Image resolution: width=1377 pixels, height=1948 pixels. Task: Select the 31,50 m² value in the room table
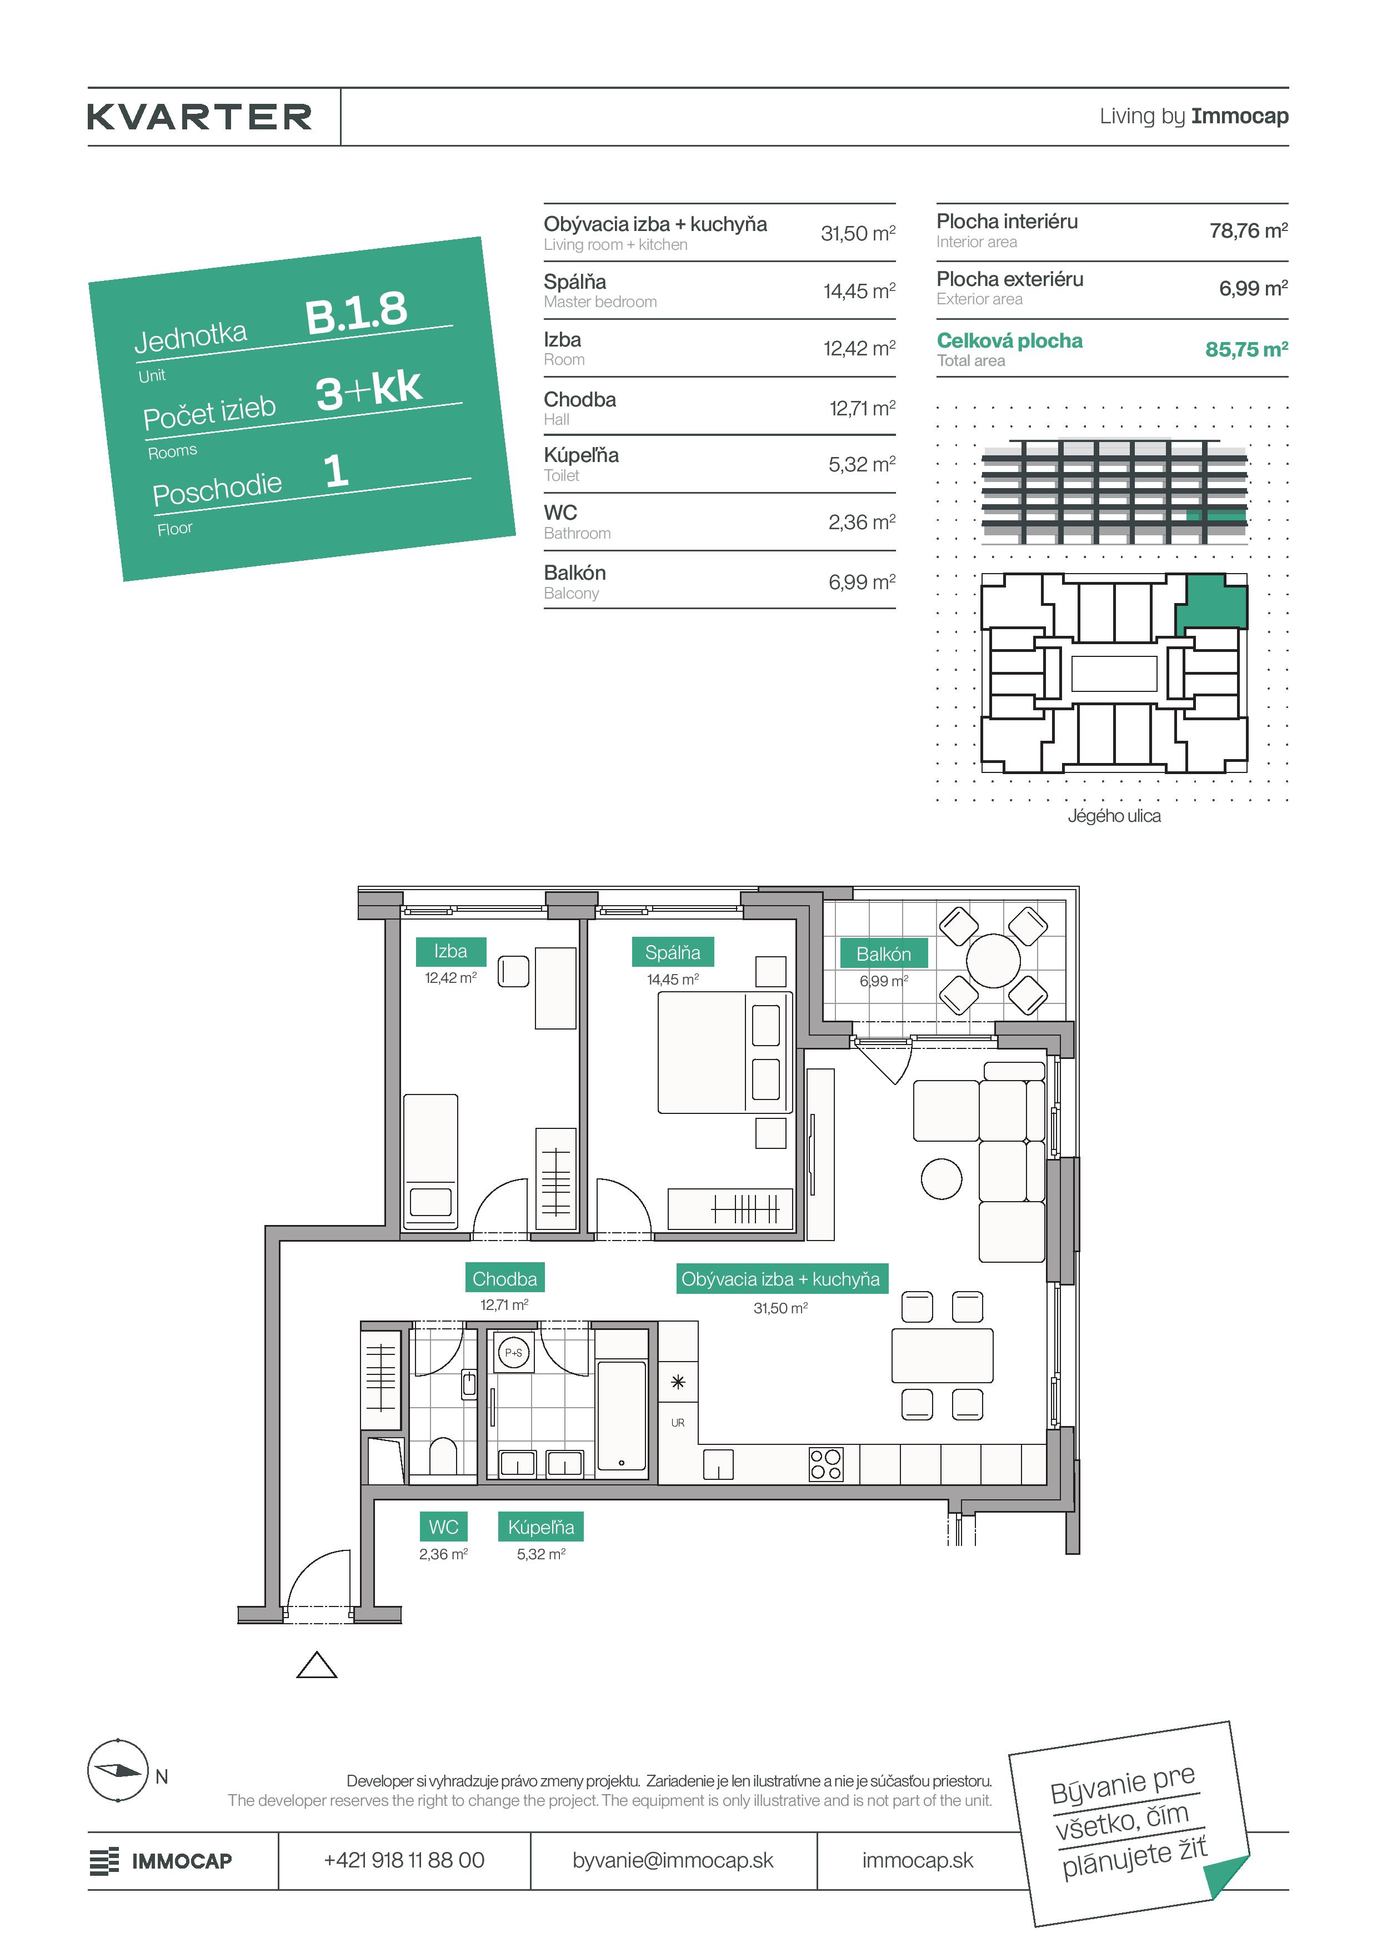tap(858, 233)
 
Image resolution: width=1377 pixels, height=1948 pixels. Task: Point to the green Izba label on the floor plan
tap(450, 951)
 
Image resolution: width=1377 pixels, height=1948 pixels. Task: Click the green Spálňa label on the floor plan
tap(673, 952)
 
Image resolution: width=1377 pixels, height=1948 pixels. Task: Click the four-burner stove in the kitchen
tap(825, 1464)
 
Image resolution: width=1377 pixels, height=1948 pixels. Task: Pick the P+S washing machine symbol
tap(513, 1352)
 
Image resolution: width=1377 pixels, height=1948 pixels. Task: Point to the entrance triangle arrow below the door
tap(317, 1665)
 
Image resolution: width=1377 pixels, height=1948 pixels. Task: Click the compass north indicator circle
tap(118, 1771)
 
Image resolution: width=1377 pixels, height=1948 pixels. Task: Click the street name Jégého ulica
tap(1114, 815)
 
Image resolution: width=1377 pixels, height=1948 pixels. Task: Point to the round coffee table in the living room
tap(942, 1179)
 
